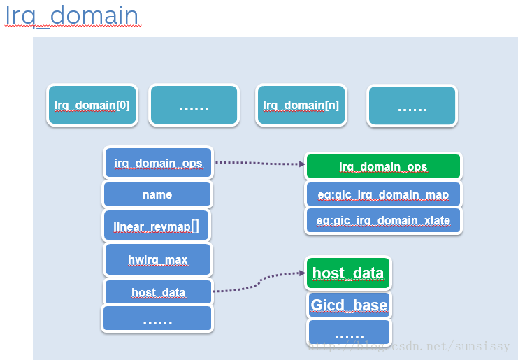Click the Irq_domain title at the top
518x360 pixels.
[72, 15]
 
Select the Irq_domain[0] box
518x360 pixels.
[92, 106]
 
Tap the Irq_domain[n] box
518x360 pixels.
[301, 106]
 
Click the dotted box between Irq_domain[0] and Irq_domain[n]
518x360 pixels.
[194, 106]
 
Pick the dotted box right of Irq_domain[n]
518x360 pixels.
[412, 106]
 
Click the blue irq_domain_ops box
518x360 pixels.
[158, 164]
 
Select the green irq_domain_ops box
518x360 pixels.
[383, 166]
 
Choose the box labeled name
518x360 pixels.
[157, 194]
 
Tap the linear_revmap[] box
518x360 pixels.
[157, 226]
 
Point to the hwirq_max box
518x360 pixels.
[158, 259]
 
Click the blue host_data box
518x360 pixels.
[158, 291]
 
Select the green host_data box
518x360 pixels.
[348, 273]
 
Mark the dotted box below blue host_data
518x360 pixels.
[157, 319]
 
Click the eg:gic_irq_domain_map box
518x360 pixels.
[383, 194]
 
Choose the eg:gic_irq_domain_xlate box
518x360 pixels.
[383, 220]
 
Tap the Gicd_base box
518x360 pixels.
[348, 305]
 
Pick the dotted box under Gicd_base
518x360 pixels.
[349, 333]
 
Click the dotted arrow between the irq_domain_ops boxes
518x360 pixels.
[259, 164]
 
